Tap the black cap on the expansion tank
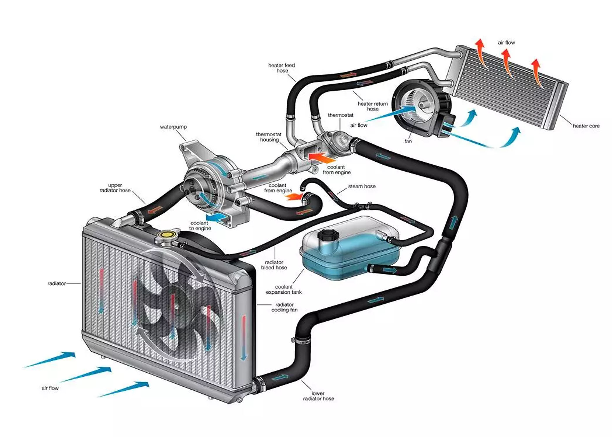(x=327, y=235)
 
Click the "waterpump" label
(x=173, y=127)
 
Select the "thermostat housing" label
(x=269, y=137)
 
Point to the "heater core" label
(x=586, y=126)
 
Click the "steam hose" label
(x=362, y=186)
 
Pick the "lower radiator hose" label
(x=318, y=396)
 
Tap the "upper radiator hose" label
(x=115, y=188)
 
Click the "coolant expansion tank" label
(x=284, y=289)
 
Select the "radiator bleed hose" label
(x=274, y=265)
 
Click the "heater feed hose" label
(x=282, y=68)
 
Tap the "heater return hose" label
(x=373, y=106)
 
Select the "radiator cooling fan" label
(x=284, y=307)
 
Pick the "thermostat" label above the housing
(x=341, y=115)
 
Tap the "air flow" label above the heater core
(x=506, y=43)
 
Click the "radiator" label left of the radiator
(x=57, y=283)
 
